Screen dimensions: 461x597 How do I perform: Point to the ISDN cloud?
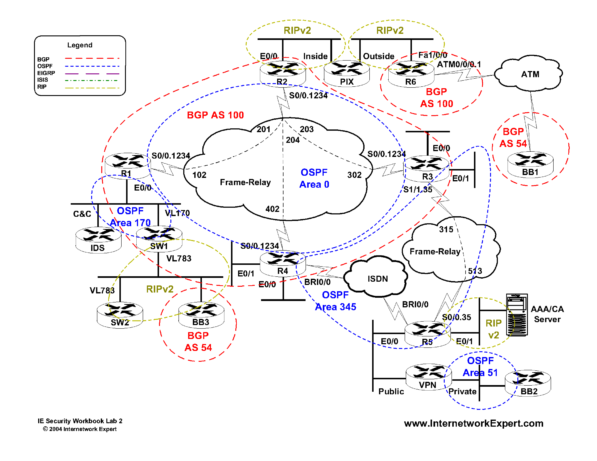(377, 278)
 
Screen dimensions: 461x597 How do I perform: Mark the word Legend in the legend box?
(80, 45)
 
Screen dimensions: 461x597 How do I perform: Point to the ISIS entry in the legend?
(43, 80)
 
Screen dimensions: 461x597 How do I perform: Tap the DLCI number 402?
(272, 209)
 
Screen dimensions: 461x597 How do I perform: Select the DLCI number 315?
(446, 229)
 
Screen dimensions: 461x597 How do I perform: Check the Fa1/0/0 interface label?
(432, 55)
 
